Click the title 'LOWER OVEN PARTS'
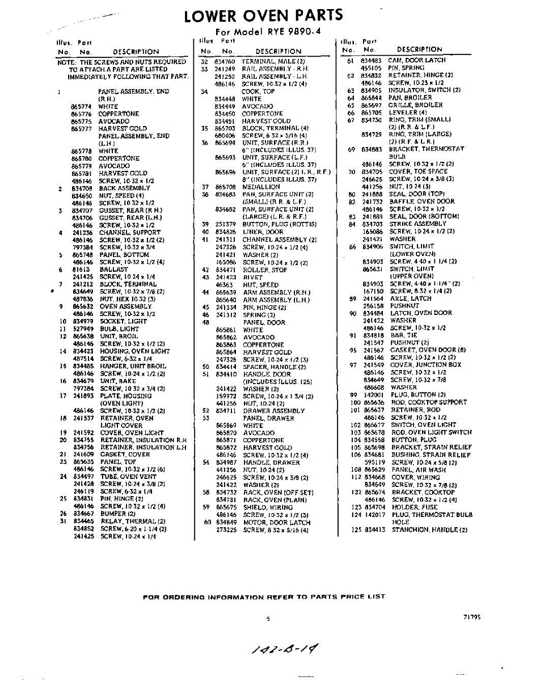point(263,15)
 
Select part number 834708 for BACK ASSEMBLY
point(82,188)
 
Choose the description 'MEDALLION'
point(261,187)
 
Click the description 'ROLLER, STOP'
point(264,270)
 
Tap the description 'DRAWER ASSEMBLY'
point(274,411)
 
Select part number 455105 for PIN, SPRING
point(372,68)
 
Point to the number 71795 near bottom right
point(471,617)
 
